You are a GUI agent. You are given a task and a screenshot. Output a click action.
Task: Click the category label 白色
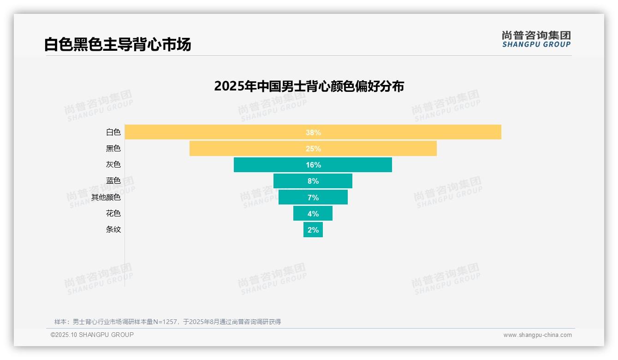point(113,132)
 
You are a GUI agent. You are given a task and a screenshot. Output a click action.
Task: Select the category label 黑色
point(113,149)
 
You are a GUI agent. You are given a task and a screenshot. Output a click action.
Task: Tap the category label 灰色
point(113,165)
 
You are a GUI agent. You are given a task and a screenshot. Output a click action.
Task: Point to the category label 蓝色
point(113,181)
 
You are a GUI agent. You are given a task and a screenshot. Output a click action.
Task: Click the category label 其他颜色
point(106,198)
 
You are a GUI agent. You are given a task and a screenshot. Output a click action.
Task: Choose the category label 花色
point(113,214)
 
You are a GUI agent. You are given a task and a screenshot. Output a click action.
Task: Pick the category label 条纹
point(113,229)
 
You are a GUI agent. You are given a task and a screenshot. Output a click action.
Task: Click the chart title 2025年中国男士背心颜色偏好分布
point(309,86)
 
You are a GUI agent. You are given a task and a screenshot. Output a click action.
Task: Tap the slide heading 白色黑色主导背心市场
point(118,45)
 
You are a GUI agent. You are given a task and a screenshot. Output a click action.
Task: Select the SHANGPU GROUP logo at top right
point(536,39)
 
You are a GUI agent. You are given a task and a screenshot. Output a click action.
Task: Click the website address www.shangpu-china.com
point(537,335)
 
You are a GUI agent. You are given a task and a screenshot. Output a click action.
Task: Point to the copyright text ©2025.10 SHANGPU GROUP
point(92,335)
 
